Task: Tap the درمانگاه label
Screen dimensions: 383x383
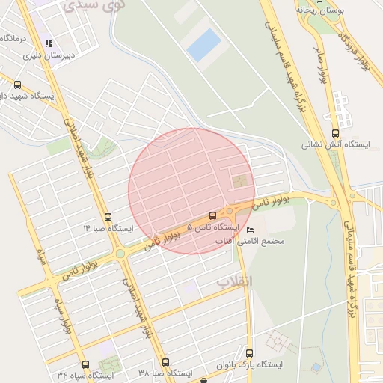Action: [16, 37]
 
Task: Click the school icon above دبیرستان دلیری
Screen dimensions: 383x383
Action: [49, 44]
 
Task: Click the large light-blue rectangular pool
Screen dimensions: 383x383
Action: [203, 45]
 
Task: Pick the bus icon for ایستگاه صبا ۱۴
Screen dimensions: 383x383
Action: [108, 217]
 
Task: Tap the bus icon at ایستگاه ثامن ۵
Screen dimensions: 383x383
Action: [212, 215]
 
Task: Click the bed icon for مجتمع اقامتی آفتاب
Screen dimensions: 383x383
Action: [250, 230]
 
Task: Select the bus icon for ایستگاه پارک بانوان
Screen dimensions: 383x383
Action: [249, 353]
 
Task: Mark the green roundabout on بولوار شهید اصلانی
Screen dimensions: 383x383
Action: [120, 254]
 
